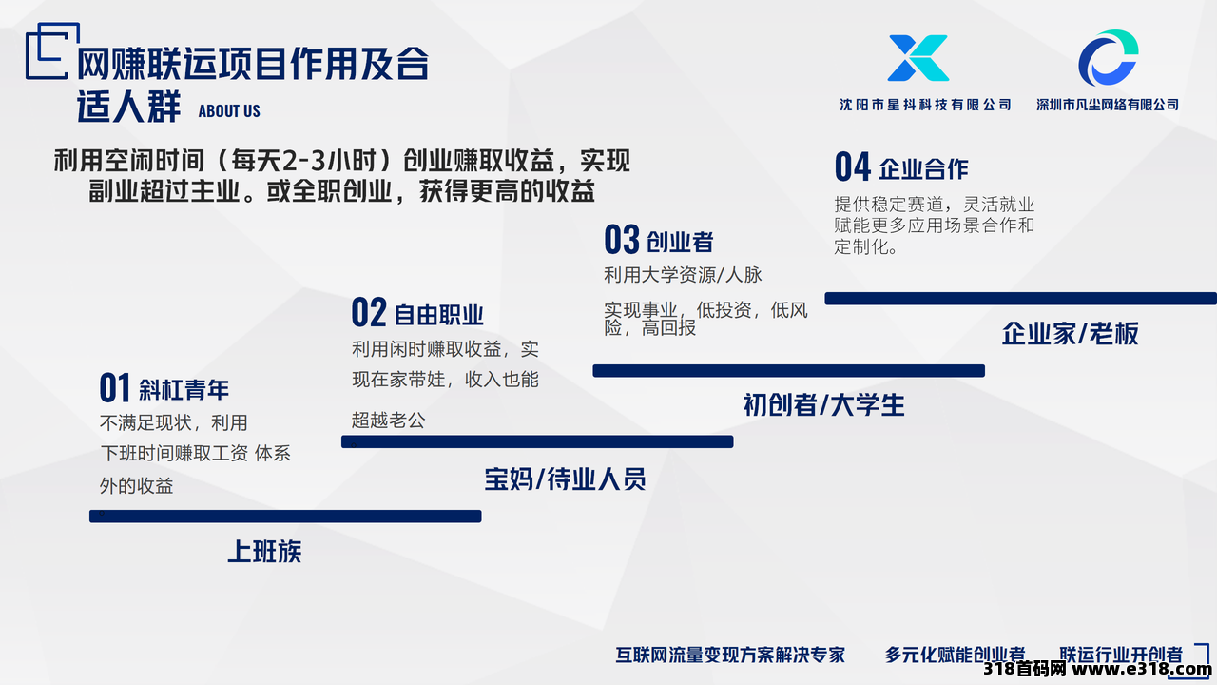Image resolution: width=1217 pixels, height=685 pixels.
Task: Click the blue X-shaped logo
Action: pyautogui.click(x=918, y=58)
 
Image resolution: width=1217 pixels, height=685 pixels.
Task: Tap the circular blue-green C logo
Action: pyautogui.click(x=1109, y=58)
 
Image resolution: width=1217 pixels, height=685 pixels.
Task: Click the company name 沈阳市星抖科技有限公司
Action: pyautogui.click(x=925, y=105)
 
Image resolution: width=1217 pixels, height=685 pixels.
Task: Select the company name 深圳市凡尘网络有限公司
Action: pyautogui.click(x=1108, y=105)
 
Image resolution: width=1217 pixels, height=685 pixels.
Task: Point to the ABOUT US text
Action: pyautogui.click(x=229, y=111)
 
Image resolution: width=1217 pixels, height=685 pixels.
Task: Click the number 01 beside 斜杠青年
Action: pyautogui.click(x=114, y=387)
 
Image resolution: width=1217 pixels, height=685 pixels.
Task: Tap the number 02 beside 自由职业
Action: pyautogui.click(x=369, y=312)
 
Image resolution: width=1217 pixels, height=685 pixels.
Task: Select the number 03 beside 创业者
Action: pyautogui.click(x=622, y=239)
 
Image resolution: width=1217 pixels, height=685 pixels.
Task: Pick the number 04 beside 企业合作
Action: pyautogui.click(x=853, y=166)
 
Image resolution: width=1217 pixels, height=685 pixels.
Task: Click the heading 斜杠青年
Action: pyautogui.click(x=184, y=390)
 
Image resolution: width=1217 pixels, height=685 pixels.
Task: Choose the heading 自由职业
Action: pyautogui.click(x=438, y=315)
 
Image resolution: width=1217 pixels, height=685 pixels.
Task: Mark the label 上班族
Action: pyautogui.click(x=264, y=551)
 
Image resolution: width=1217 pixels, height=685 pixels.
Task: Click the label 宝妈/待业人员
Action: pyautogui.click(x=565, y=479)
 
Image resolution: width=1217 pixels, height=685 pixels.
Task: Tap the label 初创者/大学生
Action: pyautogui.click(x=823, y=405)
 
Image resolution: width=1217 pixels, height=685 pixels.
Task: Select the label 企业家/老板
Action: pyautogui.click(x=1070, y=333)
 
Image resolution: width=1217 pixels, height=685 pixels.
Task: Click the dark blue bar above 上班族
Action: pyautogui.click(x=285, y=516)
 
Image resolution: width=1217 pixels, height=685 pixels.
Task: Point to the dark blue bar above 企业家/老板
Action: pyautogui.click(x=1021, y=299)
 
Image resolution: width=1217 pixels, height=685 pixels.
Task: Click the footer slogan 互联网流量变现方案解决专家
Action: pyautogui.click(x=730, y=655)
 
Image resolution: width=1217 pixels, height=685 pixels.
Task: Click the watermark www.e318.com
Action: pyautogui.click(x=1142, y=669)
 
